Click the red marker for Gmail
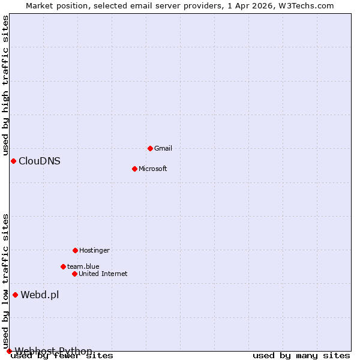(150, 148)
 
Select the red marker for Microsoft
(134, 169)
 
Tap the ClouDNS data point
(13, 161)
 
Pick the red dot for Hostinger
(75, 250)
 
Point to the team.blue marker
(63, 266)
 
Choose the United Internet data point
(74, 274)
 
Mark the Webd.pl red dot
(15, 295)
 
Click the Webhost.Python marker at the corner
(9, 351)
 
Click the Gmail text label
(163, 148)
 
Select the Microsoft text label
(153, 169)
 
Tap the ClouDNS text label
(40, 161)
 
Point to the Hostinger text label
(95, 250)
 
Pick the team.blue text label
(83, 266)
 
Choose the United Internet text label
(103, 274)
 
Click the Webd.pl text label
(40, 295)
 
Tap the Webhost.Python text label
(54, 351)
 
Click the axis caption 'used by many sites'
(301, 356)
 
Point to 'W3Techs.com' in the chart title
(310, 5)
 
